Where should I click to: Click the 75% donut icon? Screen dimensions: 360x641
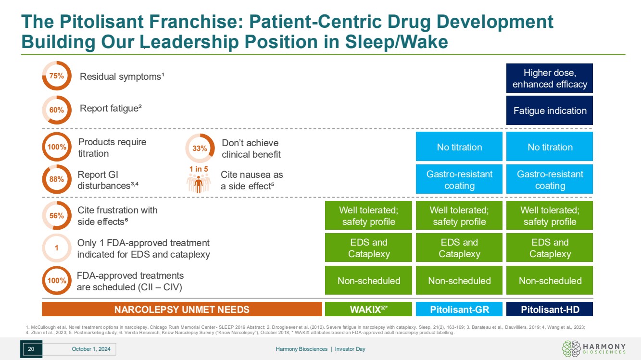tap(57, 75)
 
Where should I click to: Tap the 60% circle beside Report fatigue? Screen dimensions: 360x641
tap(57, 110)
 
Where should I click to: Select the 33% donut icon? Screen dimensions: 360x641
tap(200, 149)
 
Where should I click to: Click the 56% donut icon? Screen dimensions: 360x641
tap(57, 216)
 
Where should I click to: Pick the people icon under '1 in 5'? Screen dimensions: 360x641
tap(199, 183)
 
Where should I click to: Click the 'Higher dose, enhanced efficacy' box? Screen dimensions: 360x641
tap(550, 78)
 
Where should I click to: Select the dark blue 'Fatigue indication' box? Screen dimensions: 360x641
tap(550, 111)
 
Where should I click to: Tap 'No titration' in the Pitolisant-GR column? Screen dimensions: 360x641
tap(459, 147)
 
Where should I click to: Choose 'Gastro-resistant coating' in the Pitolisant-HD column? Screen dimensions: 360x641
tap(550, 179)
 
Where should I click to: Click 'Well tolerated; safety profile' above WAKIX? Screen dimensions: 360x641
tap(368, 216)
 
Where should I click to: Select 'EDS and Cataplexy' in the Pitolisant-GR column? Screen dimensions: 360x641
tap(459, 248)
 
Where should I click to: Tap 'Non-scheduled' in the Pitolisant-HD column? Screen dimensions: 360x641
tap(550, 281)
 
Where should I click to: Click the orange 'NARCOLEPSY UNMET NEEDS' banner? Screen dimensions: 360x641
tap(182, 309)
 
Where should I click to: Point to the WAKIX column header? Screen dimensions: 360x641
tap(368, 309)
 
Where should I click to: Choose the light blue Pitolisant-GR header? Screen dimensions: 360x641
tap(459, 309)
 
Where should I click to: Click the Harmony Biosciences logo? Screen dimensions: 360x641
tap(593, 349)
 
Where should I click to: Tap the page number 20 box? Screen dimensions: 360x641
tap(31, 349)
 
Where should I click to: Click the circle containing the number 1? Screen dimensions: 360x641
tap(57, 248)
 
